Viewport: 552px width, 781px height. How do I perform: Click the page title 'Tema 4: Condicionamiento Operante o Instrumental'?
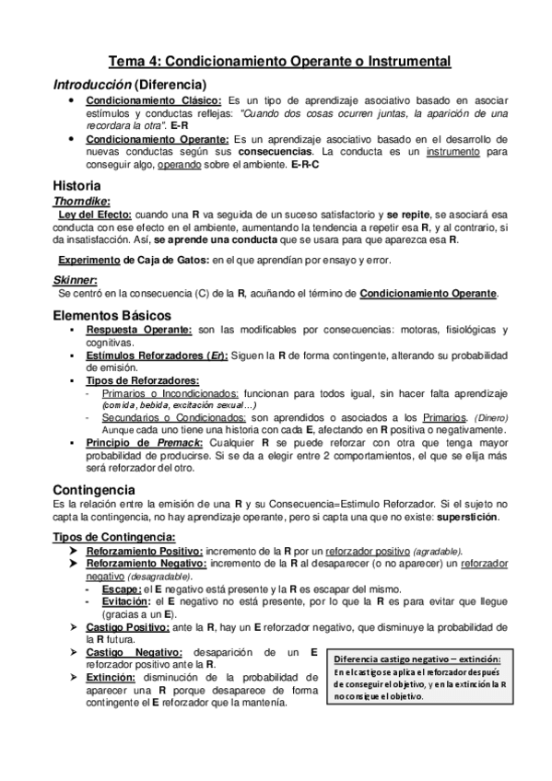tap(280, 61)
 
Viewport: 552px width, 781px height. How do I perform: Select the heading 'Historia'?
tap(78, 184)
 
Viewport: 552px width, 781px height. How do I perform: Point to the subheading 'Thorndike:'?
tap(82, 200)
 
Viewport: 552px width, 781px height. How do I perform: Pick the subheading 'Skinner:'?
tap(75, 279)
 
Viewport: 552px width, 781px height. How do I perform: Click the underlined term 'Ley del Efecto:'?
tap(95, 214)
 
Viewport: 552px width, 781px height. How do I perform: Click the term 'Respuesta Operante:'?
tap(139, 330)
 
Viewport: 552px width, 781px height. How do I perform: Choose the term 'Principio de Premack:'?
tap(154, 442)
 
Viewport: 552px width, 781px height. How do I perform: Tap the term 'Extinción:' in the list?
tap(112, 677)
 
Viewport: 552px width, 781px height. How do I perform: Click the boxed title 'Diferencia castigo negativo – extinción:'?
tap(417, 659)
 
